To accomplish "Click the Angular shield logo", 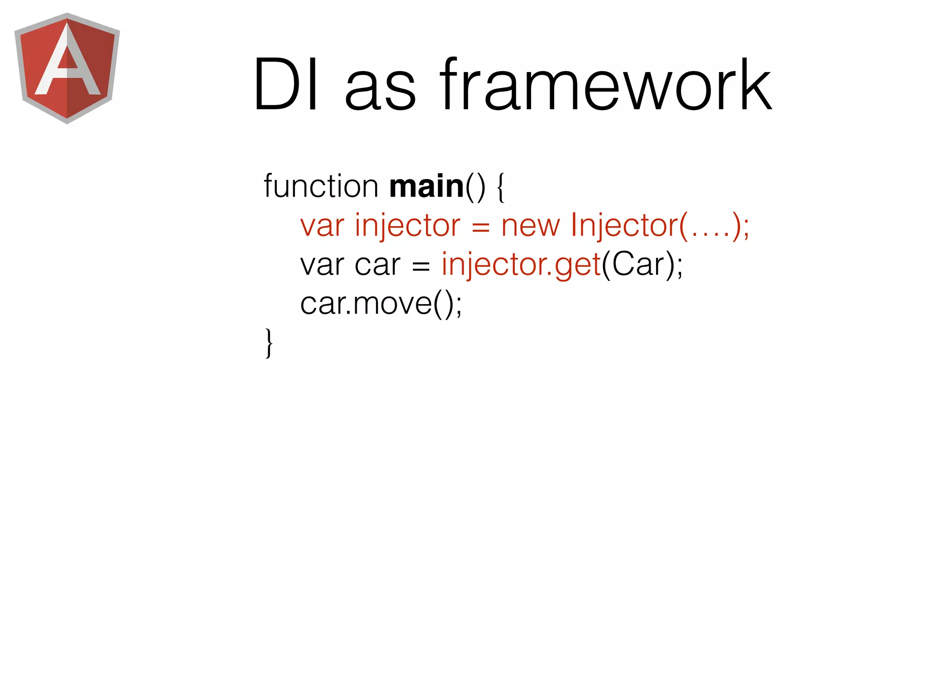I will coord(67,68).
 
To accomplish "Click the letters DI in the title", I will coord(286,84).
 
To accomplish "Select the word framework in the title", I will coord(606,84).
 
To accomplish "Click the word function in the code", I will coord(321,186).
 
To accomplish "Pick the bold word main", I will coord(426,186).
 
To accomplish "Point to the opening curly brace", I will coord(501,188).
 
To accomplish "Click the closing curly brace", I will coord(269,343).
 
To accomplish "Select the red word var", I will coord(322,226).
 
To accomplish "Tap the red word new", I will coord(531,226).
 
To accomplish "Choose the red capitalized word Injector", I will coord(624,226).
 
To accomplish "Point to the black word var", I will coord(322,265).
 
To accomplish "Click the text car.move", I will coord(366,304).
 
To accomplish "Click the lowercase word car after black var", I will coord(377,265).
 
